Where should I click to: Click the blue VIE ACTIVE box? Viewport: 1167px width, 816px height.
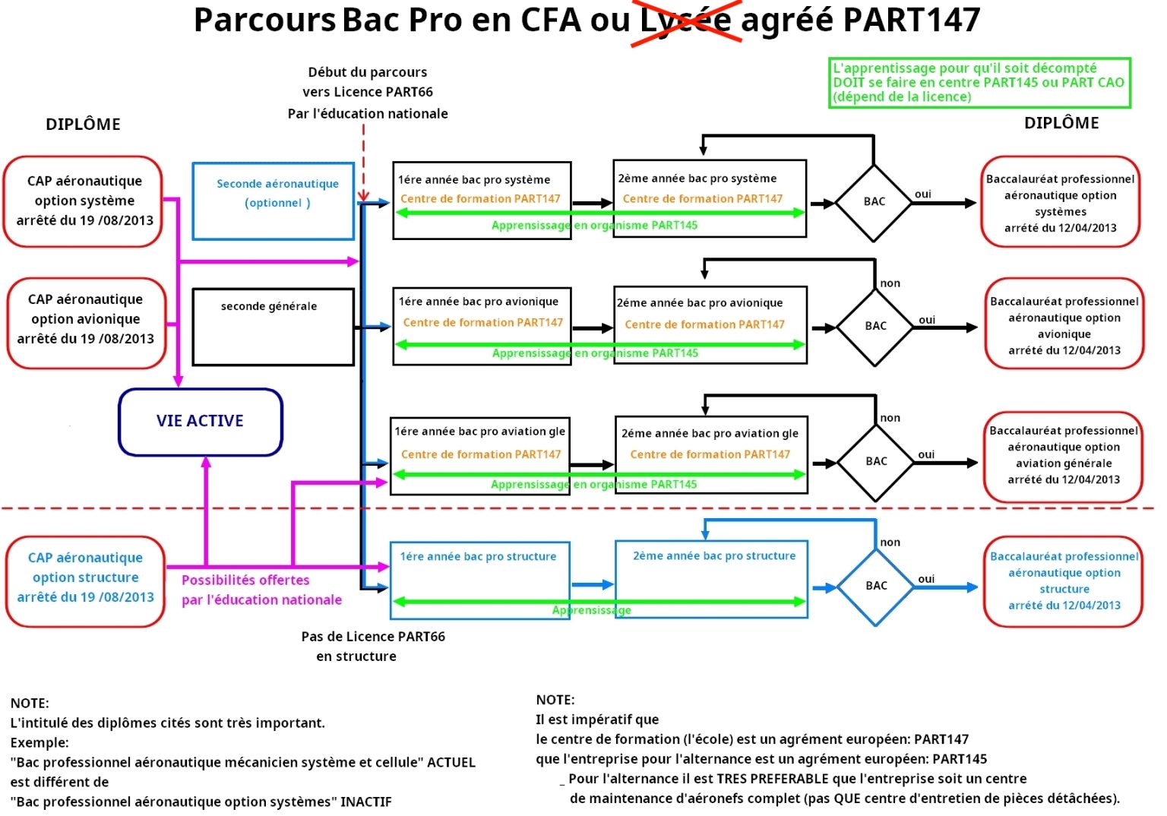click(201, 422)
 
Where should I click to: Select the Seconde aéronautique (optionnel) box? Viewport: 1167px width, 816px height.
click(274, 201)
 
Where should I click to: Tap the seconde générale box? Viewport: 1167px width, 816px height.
click(274, 327)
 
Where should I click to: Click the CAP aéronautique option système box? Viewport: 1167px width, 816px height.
click(84, 201)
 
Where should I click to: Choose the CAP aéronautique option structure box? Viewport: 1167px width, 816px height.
click(85, 581)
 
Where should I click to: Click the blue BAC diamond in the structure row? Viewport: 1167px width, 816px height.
click(876, 587)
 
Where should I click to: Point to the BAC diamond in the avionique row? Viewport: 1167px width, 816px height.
click(875, 327)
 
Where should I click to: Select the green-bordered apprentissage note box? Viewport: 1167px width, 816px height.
click(979, 83)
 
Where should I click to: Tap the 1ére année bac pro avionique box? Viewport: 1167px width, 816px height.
click(482, 326)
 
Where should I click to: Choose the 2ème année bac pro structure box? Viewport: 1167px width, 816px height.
click(711, 579)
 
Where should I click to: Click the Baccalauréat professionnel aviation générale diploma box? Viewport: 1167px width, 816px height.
click(1063, 456)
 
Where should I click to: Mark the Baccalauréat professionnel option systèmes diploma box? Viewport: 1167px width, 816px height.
click(1061, 202)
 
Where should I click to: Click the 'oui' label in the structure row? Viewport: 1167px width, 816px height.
click(926, 579)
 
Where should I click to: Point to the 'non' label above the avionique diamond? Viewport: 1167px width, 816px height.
click(890, 283)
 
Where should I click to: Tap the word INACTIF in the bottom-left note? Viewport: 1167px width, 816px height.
click(366, 802)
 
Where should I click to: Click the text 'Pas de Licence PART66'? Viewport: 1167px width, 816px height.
click(373, 637)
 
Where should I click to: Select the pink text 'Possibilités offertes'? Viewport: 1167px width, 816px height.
click(245, 580)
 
